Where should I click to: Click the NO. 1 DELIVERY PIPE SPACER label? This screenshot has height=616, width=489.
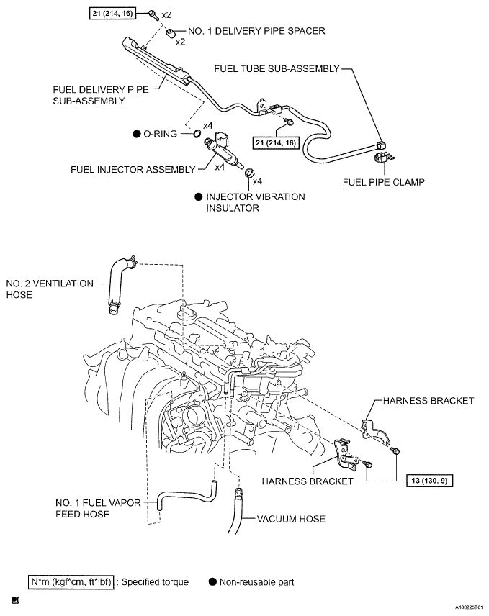coord(256,31)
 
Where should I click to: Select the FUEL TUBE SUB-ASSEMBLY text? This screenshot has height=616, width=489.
coord(277,68)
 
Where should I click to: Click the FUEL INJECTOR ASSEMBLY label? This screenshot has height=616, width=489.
coord(133,170)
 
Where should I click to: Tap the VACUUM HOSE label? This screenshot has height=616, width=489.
coord(291,518)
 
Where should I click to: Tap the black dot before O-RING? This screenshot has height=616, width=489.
coord(136,135)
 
